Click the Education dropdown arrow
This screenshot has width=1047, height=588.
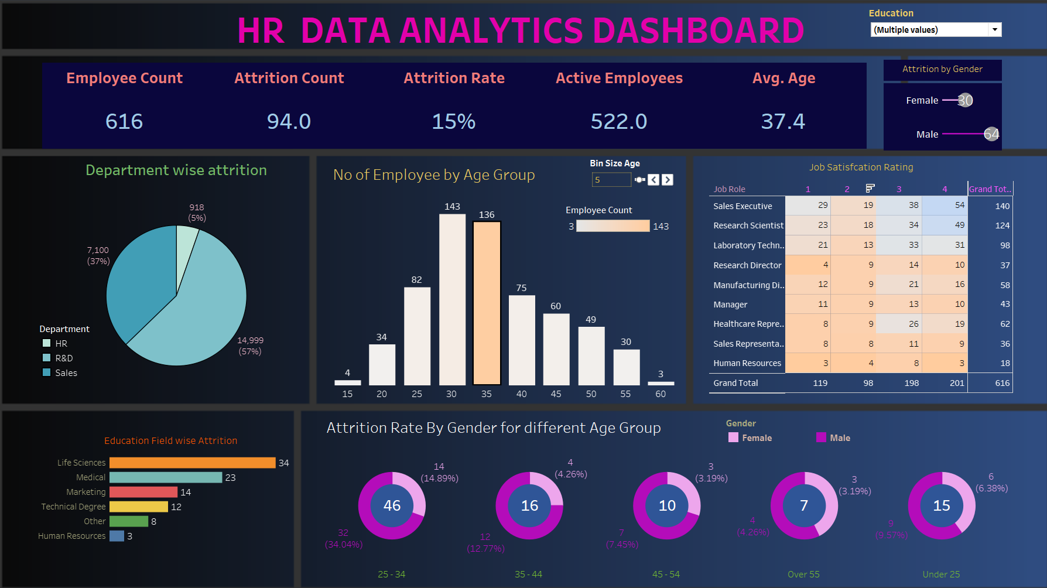(x=994, y=30)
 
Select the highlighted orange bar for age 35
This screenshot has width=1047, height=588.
(x=487, y=303)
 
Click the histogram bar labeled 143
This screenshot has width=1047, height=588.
(x=452, y=299)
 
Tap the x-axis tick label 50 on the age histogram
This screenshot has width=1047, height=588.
(x=591, y=394)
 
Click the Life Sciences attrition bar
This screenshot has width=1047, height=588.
(x=192, y=463)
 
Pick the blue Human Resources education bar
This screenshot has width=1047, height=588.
(x=117, y=536)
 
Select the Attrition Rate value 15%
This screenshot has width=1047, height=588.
(x=453, y=122)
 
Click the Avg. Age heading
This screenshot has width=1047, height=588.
(x=783, y=78)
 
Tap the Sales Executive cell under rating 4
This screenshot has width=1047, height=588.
(x=945, y=206)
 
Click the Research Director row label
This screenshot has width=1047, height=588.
(x=747, y=265)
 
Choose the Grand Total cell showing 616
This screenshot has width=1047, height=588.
(x=1002, y=383)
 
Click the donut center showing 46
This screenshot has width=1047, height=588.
(x=392, y=505)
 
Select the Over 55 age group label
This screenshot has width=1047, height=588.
(x=803, y=575)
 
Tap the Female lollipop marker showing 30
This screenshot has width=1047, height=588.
(x=964, y=101)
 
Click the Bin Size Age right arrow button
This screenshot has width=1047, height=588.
(x=668, y=180)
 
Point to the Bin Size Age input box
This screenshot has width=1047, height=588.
(x=611, y=180)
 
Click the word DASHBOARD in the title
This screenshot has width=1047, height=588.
(x=698, y=30)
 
